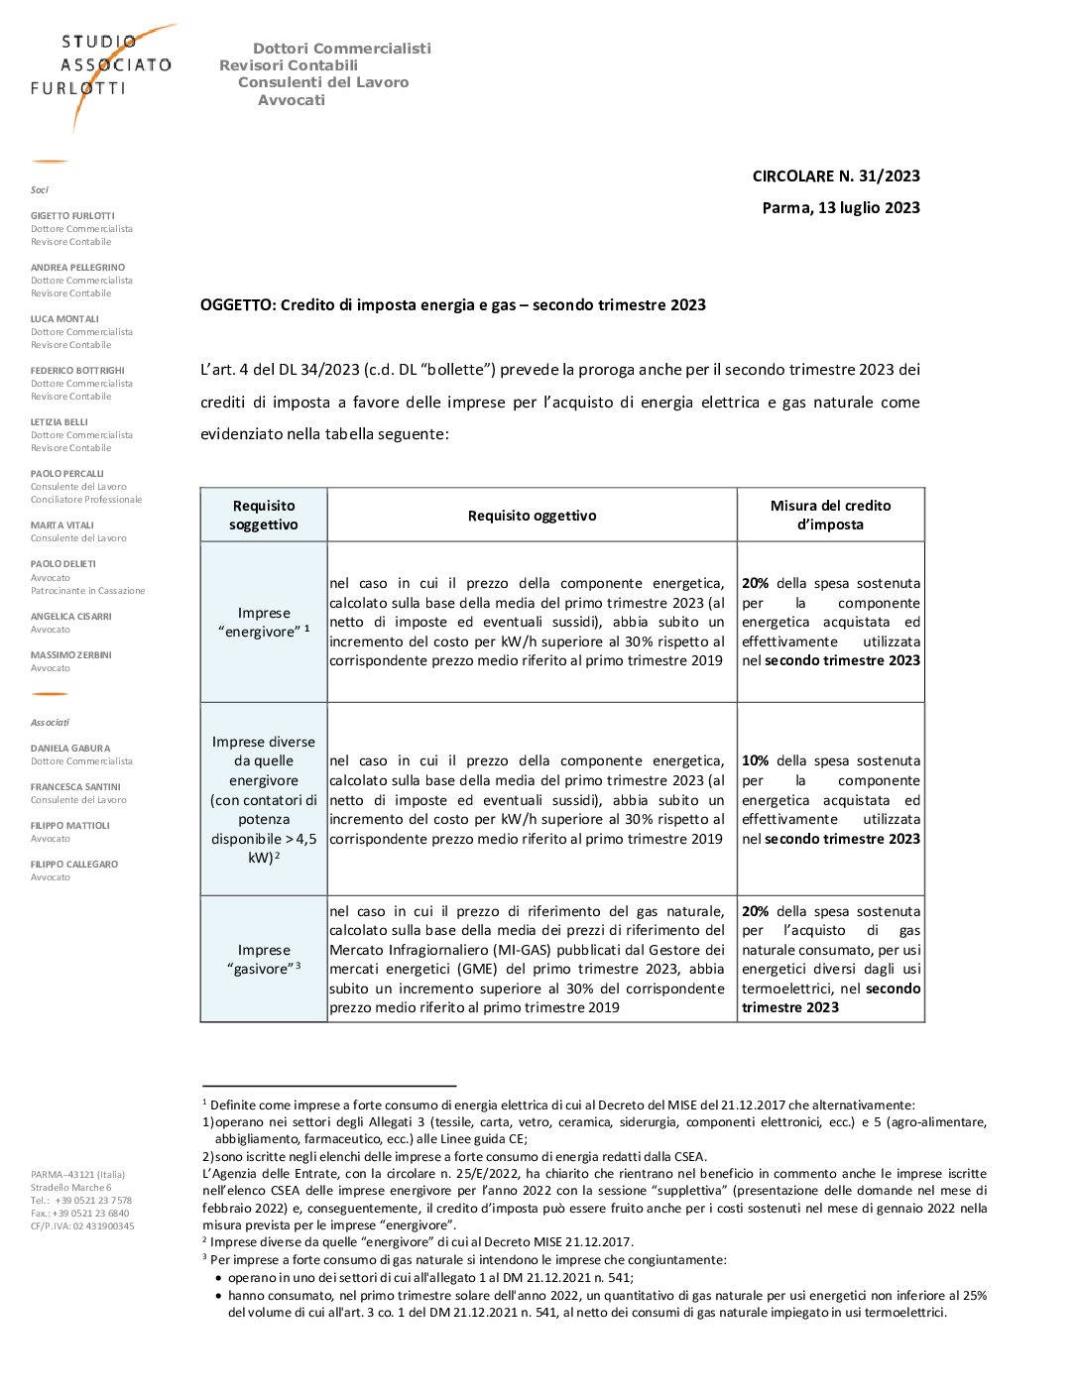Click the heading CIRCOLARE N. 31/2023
835,176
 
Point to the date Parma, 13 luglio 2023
840,208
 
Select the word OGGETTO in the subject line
237,305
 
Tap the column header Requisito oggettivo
532,516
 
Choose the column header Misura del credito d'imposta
830,516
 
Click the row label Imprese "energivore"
263,623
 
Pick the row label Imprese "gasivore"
263,960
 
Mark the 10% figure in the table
755,761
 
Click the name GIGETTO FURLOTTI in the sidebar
72,216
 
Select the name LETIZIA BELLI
60,422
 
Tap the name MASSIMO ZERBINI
71,655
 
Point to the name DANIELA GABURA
70,749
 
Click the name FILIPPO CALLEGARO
74,865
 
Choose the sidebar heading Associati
50,723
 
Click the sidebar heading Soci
40,190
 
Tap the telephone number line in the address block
81,1201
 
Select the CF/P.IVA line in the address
82,1226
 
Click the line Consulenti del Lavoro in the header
323,83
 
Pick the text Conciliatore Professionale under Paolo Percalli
86,500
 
